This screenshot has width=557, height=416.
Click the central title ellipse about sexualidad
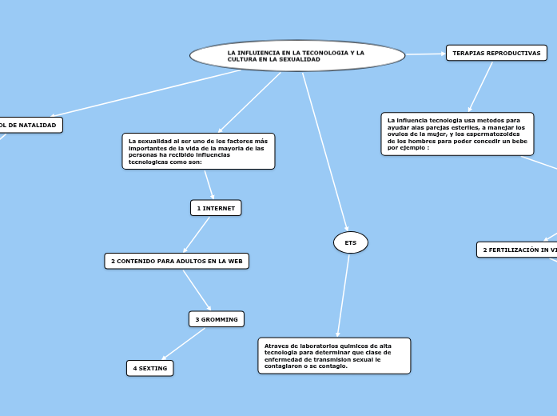297,56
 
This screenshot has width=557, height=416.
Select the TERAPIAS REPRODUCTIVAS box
496,54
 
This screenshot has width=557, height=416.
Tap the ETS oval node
350,242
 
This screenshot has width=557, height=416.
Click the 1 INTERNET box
215,208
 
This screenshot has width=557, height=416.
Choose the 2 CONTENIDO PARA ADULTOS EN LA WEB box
177,261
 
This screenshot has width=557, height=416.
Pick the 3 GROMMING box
216,319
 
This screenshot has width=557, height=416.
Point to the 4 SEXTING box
150,368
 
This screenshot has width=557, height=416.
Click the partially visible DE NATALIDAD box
30,126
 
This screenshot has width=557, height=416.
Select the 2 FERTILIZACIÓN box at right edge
518,250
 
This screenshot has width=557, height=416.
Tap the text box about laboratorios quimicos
334,355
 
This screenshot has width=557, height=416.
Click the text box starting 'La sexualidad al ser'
198,151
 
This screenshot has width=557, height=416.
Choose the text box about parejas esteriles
457,134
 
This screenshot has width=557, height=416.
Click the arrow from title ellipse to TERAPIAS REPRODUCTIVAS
426,54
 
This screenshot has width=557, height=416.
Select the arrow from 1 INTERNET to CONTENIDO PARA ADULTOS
197,234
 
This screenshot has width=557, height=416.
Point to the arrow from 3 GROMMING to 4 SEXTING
184,344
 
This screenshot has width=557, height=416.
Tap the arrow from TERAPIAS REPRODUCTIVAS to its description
481,86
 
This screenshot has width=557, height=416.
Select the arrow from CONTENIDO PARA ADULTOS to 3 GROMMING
197,290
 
